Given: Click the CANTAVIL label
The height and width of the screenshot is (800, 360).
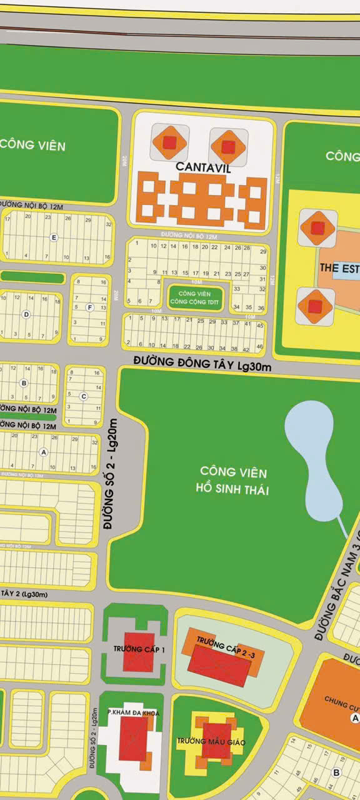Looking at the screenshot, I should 203,167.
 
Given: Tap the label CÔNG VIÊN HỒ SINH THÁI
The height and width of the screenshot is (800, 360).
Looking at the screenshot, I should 234,480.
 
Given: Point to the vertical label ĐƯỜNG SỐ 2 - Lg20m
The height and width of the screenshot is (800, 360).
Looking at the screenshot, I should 112,475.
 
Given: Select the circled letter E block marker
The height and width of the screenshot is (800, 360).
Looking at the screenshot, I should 54,237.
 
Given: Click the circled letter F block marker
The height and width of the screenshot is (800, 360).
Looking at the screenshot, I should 90,307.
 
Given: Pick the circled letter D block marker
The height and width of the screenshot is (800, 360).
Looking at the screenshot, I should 26,314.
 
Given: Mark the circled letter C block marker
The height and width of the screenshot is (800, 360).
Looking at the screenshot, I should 83,396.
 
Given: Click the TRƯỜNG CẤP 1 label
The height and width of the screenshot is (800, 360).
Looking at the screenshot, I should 139,649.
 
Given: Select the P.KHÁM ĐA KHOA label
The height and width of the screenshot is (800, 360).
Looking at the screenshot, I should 133,713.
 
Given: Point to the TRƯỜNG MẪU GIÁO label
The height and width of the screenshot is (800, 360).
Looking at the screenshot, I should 211,742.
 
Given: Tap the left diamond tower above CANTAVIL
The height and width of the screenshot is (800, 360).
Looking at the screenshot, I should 169,142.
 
